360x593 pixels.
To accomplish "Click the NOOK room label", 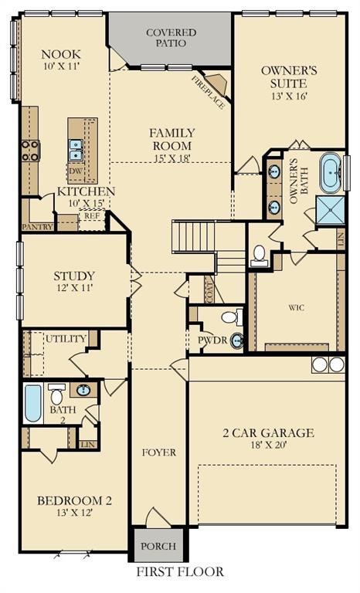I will coord(61,54).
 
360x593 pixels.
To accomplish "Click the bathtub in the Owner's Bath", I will coord(330,174).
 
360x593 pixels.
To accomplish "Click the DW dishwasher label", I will coord(76,171).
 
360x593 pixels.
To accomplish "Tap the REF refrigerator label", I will coord(91,218).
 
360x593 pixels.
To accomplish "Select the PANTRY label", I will coord(36,227).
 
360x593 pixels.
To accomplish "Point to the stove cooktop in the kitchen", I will coord(30,150).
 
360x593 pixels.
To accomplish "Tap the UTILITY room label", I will coord(65,339).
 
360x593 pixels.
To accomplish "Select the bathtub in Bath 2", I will coord(32,403).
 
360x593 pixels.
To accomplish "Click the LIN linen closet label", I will coord(87,444).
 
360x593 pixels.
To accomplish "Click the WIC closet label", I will coord(297,307).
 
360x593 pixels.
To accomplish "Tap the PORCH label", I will coord(158,547).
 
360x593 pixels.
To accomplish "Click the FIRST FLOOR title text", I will coord(180,572).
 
